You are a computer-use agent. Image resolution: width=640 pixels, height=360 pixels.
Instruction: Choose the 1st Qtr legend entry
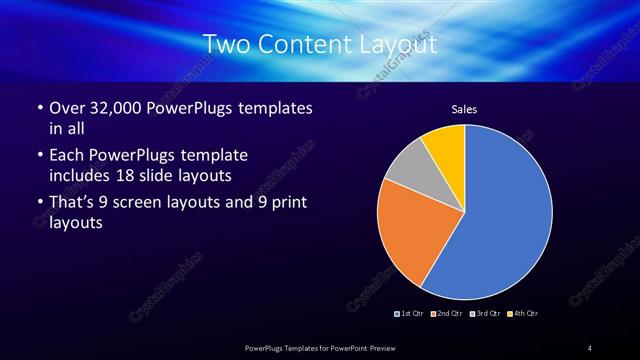point(411,314)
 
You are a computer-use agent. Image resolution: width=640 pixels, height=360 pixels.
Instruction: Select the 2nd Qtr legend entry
point(447,314)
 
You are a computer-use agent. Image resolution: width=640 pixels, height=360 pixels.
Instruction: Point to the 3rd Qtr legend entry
point(484,314)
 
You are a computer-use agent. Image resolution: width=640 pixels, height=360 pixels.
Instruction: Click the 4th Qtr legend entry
point(522,314)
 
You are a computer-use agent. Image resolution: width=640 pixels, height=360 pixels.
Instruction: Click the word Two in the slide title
point(224,45)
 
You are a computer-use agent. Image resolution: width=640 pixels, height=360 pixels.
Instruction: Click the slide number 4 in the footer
point(589,347)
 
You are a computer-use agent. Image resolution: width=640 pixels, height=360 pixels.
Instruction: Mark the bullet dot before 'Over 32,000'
point(38,108)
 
